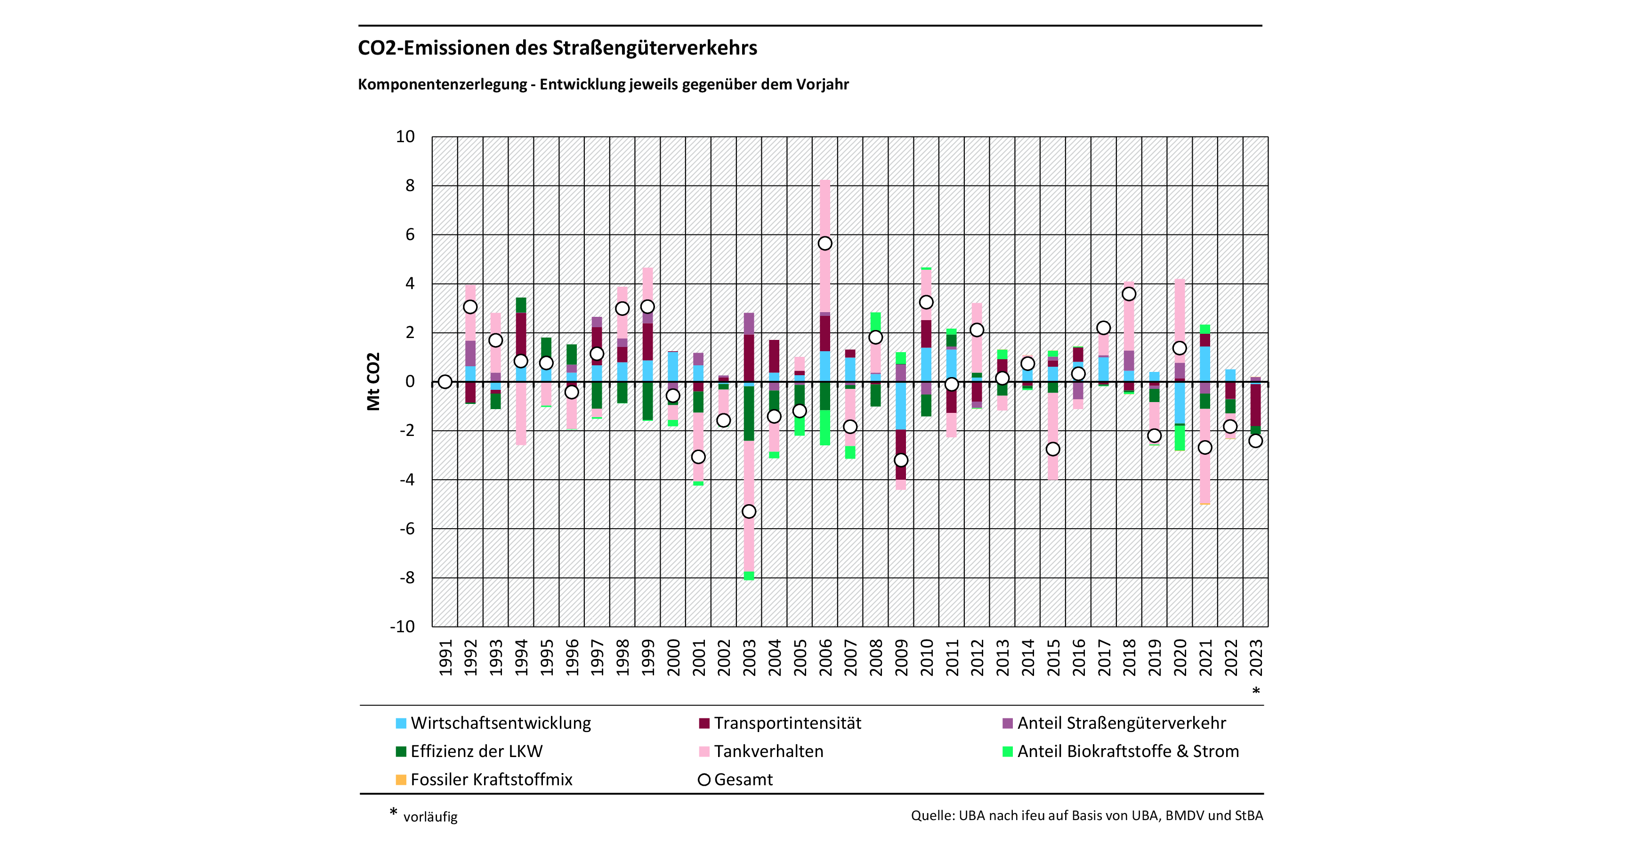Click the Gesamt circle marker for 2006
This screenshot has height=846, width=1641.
(x=825, y=243)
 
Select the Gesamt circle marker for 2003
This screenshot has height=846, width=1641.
(x=749, y=512)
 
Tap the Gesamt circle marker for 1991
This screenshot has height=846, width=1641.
(x=445, y=382)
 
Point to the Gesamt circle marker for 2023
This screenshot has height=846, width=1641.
(x=1256, y=441)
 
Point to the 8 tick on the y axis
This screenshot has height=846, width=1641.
(x=410, y=185)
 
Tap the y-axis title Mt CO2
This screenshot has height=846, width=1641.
(x=373, y=382)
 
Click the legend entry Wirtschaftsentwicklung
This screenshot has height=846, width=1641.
(x=501, y=724)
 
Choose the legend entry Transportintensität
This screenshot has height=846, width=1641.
(x=787, y=724)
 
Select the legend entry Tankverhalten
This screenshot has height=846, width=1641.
(x=768, y=752)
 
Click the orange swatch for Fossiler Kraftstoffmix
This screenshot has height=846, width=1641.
(x=401, y=780)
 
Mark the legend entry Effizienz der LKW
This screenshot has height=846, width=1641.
(x=477, y=752)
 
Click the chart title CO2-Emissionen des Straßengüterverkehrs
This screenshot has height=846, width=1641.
(x=558, y=48)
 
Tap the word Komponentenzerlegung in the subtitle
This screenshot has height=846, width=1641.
(x=442, y=85)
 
